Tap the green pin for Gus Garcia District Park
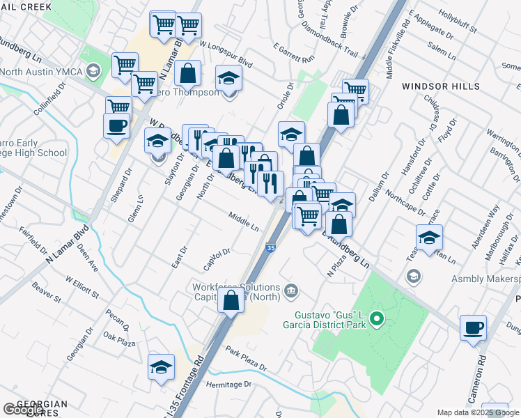pos(377,320)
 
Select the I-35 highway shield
pos(270,247)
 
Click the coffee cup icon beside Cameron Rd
pos(473,328)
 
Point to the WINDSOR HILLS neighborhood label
pos(440,86)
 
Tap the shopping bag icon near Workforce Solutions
pos(231,301)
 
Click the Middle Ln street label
pos(244,222)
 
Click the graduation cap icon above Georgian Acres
pos(161,367)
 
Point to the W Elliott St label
pos(82,287)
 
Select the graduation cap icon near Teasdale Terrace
pos(430,238)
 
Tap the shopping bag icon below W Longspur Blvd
pos(187,72)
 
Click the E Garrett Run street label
pos(294,52)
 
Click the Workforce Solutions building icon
pos(291,290)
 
